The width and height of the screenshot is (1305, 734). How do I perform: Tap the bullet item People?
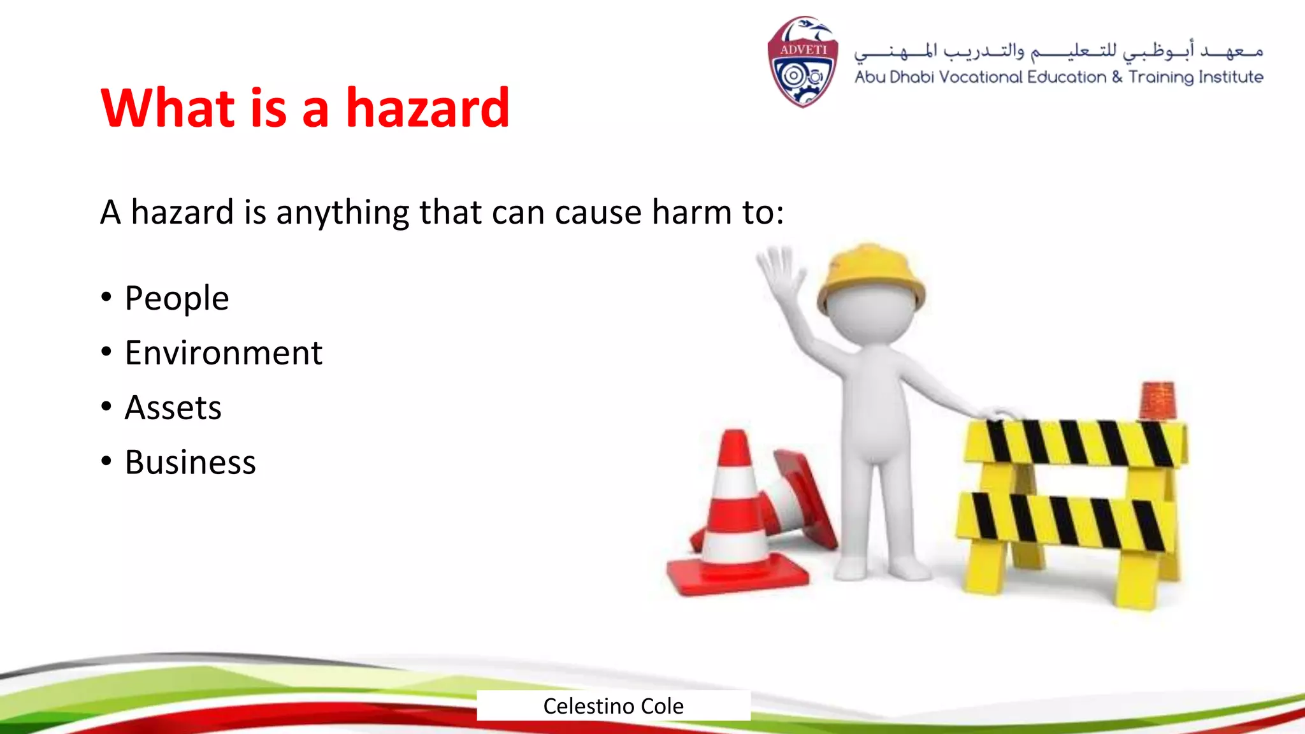click(177, 298)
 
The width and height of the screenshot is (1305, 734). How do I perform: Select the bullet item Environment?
click(223, 353)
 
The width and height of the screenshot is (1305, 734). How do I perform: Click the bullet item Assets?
click(173, 408)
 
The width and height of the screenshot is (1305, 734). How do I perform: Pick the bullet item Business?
click(190, 463)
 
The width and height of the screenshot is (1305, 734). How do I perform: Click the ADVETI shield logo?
click(802, 62)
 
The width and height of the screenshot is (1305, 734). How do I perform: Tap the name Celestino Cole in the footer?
click(613, 706)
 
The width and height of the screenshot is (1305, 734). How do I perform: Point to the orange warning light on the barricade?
click(1157, 400)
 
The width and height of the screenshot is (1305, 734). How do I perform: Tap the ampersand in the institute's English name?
click(1117, 77)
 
